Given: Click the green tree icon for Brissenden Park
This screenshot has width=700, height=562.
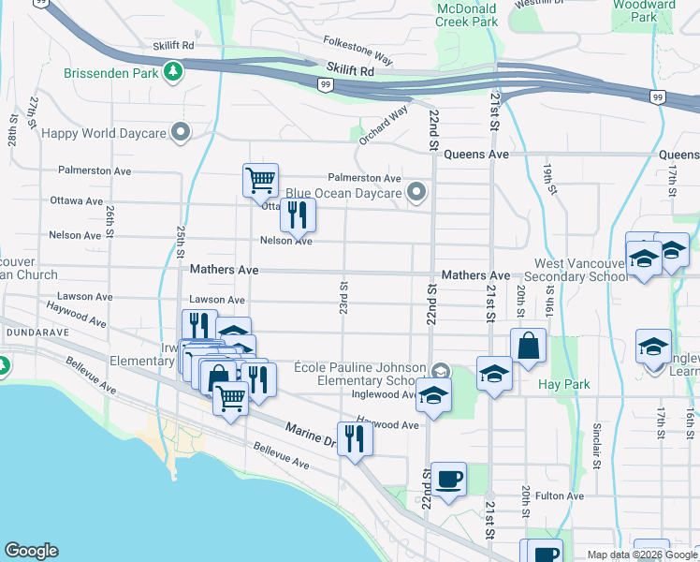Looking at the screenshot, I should [172, 71].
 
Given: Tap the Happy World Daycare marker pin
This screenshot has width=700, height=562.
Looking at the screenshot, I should [179, 133].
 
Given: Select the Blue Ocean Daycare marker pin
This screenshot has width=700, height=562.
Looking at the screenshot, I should [417, 193].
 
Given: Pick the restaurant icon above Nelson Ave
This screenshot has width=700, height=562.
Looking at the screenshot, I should [298, 214].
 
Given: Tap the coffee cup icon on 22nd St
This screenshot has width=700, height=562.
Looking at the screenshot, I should [446, 479].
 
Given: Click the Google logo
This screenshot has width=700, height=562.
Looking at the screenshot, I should [31, 551].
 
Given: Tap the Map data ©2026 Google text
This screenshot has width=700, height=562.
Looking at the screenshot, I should [642, 555].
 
